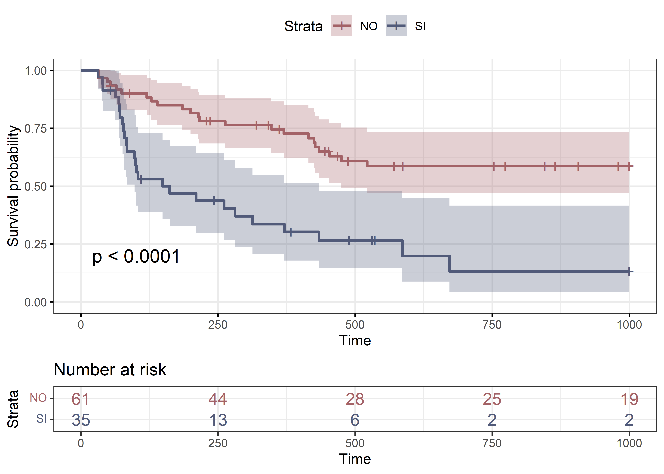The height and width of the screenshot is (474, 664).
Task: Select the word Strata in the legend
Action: [x=303, y=26]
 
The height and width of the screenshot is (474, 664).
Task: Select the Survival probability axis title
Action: [x=13, y=186]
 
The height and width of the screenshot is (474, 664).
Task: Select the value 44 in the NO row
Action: [x=218, y=399]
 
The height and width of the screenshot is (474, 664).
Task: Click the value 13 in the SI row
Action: [x=218, y=420]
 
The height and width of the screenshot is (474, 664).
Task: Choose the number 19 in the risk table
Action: [x=629, y=399]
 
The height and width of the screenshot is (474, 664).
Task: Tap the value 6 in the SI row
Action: [x=355, y=420]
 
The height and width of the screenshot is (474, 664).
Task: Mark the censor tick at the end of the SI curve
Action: [x=629, y=271]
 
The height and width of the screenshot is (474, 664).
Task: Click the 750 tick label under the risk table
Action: [x=492, y=443]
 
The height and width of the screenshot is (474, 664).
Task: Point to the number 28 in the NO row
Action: [x=355, y=399]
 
